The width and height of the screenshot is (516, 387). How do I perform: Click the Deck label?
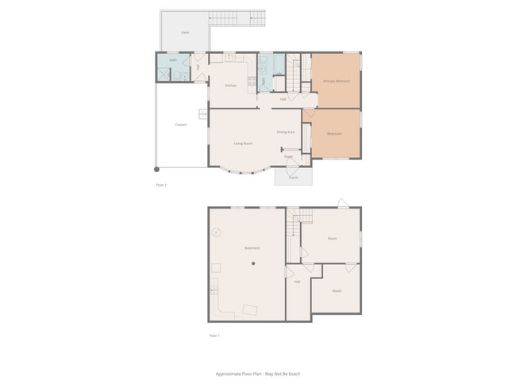(185, 33)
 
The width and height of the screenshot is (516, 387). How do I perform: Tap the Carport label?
(181, 125)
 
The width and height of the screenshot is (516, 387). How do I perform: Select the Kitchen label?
(231, 86)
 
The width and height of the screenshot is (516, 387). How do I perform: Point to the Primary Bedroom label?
(336, 81)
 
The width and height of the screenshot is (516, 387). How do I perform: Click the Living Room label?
(243, 144)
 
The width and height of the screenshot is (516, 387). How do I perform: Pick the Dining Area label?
(286, 132)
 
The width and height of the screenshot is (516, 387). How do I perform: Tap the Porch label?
(293, 178)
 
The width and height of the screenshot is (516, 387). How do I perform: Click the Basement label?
(252, 248)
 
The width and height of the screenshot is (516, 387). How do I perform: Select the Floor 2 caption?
(161, 185)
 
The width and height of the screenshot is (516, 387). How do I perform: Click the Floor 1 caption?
(214, 335)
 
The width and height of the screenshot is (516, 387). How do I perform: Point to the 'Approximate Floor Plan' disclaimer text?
(258, 374)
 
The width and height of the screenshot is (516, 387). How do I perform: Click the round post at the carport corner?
(156, 169)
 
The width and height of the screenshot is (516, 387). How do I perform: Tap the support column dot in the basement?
(253, 262)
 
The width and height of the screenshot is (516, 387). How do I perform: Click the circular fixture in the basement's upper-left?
(216, 232)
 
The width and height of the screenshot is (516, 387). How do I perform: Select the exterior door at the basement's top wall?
(342, 204)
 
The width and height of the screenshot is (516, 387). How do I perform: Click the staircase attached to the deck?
(237, 17)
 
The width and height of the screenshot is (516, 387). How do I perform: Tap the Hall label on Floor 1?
(297, 282)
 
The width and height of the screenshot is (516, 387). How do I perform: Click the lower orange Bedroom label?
(335, 133)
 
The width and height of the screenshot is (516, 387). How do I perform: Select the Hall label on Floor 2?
(283, 99)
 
